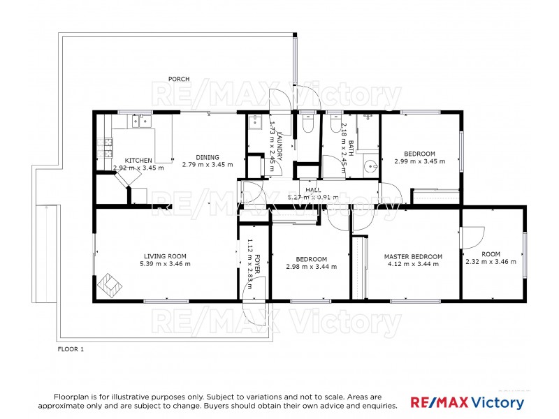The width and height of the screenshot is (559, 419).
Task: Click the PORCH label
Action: click(180, 79)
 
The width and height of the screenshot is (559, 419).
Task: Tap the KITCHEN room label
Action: click(138, 160)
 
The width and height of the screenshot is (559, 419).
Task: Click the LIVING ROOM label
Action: click(165, 256)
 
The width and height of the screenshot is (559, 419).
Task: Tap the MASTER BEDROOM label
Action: click(413, 256)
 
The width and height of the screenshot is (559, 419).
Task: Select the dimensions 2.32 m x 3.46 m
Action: click(491, 262)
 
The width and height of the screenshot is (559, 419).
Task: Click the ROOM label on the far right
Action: click(491, 254)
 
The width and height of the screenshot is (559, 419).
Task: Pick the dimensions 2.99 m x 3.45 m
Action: click(419, 161)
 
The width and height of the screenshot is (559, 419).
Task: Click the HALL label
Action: click(312, 189)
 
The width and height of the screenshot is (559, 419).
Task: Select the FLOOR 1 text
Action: click(71, 348)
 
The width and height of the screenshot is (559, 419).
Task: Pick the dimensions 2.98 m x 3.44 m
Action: click(311, 266)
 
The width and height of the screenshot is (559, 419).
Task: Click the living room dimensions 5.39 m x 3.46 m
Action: click(165, 263)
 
